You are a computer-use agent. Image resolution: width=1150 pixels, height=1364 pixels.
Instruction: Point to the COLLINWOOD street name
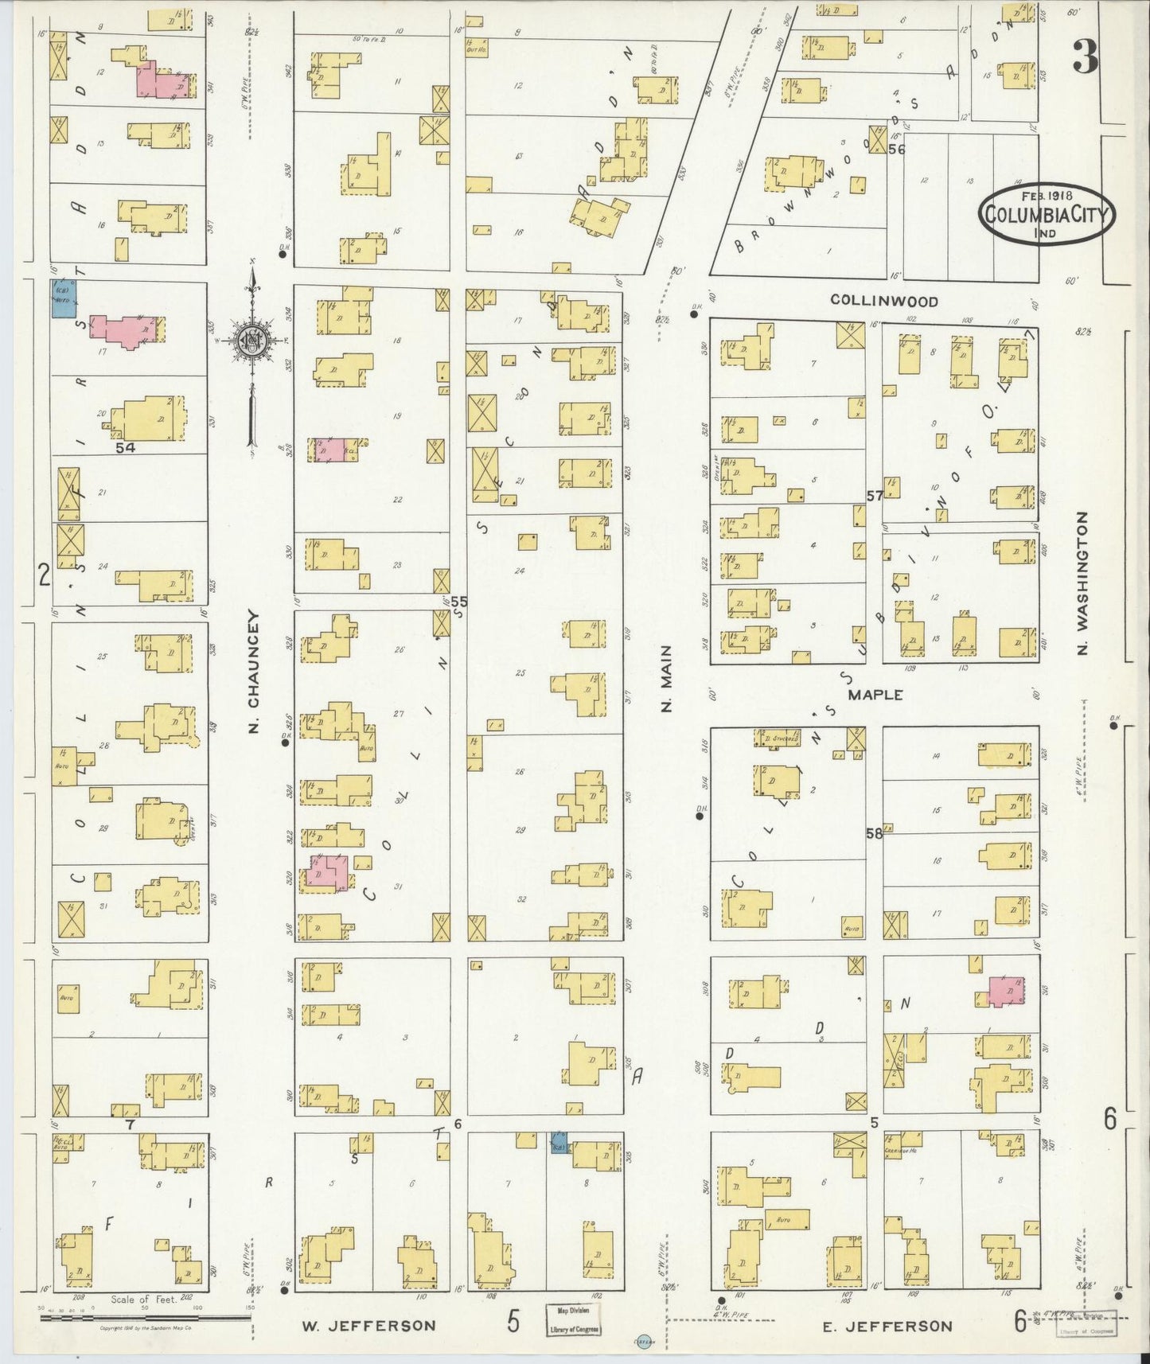pyautogui.click(x=884, y=301)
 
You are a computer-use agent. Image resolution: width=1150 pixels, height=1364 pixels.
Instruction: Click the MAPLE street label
pyautogui.click(x=875, y=695)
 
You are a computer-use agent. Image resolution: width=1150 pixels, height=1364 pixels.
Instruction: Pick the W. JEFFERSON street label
pyautogui.click(x=368, y=1325)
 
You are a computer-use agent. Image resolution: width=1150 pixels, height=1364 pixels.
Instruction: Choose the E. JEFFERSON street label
pyautogui.click(x=885, y=1325)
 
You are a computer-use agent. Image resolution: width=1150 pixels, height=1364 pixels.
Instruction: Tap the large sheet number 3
pyautogui.click(x=1086, y=56)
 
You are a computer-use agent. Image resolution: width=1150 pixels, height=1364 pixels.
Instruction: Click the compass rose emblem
pyautogui.click(x=253, y=341)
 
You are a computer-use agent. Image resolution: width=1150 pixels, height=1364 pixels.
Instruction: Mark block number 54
pyautogui.click(x=125, y=448)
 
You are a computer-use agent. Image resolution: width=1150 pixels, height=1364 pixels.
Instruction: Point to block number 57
pyautogui.click(x=874, y=496)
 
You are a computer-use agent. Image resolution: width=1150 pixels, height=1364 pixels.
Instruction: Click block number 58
pyautogui.click(x=874, y=834)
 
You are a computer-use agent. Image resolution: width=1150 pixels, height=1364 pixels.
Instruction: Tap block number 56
pyautogui.click(x=897, y=149)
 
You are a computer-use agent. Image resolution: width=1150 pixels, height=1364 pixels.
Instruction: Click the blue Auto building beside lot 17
pyautogui.click(x=64, y=298)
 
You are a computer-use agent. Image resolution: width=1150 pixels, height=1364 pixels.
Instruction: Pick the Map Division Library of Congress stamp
pyautogui.click(x=573, y=1319)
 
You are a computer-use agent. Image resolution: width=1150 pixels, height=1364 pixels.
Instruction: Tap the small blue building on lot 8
pyautogui.click(x=559, y=1144)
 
